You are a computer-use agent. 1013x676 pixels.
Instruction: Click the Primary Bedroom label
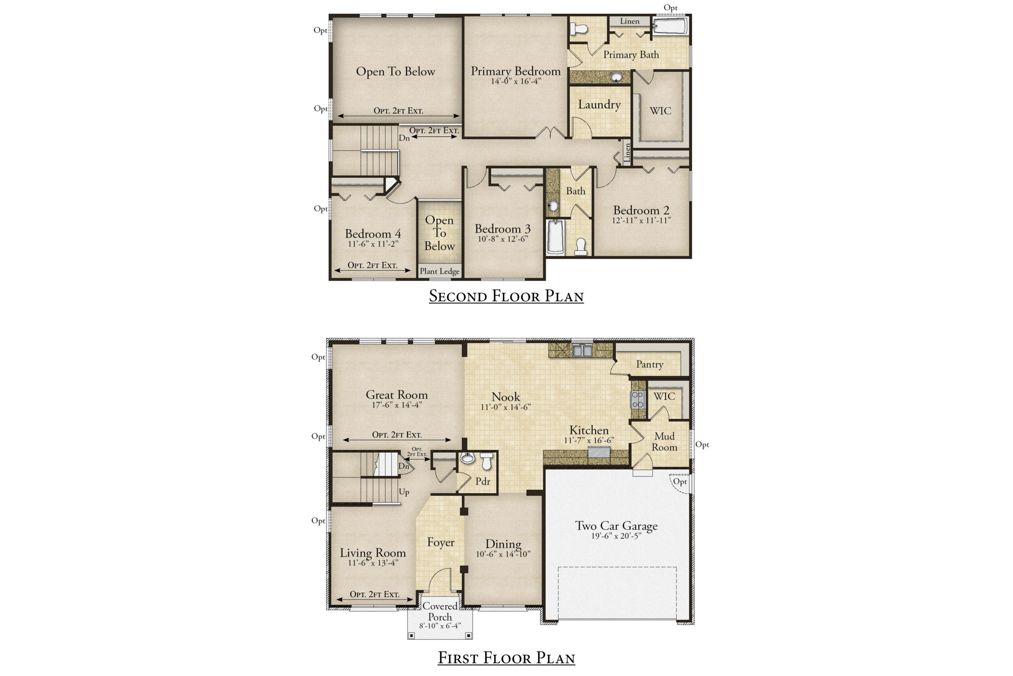point(516,71)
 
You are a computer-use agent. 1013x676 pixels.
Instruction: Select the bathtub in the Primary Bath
point(670,26)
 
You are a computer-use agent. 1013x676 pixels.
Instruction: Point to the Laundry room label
point(599,105)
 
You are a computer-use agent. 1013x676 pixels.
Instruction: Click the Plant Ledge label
point(439,271)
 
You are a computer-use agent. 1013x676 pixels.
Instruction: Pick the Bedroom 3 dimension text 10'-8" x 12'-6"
point(503,239)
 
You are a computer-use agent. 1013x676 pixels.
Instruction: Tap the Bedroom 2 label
point(641,211)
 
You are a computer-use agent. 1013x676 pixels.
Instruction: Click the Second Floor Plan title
point(506,296)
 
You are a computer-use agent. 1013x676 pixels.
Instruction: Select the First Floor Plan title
point(506,658)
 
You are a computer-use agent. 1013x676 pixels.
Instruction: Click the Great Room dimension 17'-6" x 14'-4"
point(396,405)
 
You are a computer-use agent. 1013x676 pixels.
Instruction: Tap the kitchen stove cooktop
point(637,399)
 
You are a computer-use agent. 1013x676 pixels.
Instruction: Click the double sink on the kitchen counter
point(582,350)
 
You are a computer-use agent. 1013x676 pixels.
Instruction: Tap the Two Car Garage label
point(617,526)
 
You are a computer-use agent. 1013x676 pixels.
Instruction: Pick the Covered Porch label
point(440,612)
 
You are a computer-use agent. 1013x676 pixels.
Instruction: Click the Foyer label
point(440,542)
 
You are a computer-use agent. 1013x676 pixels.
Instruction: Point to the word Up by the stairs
point(404,492)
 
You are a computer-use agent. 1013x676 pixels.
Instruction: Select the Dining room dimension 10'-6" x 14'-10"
point(503,554)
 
